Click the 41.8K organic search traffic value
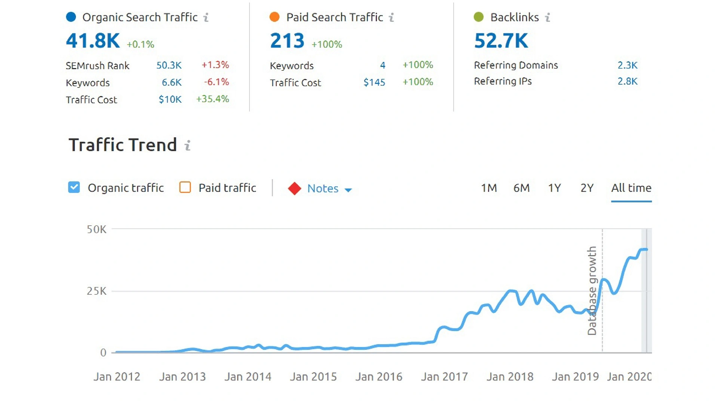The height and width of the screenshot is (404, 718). tap(93, 41)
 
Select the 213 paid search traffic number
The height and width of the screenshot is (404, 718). tap(287, 41)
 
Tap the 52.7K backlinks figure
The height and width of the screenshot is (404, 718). tap(501, 41)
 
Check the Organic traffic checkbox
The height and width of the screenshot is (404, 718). tap(74, 187)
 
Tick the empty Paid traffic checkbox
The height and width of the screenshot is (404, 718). tap(185, 187)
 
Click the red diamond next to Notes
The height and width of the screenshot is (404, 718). tap(295, 189)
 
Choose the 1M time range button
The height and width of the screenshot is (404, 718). tap(489, 188)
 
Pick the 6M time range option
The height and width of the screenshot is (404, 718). tap(521, 188)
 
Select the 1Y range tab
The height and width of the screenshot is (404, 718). tap(554, 188)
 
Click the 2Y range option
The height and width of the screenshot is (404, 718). tap(587, 188)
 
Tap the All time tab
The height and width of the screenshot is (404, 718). tap(631, 188)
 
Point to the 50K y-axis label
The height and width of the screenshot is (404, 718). tap(96, 229)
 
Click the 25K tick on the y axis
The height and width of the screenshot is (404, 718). tap(96, 291)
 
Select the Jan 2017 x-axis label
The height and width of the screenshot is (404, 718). tap(444, 377)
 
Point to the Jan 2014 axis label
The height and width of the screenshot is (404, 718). tap(248, 377)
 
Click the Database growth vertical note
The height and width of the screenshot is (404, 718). tap(592, 291)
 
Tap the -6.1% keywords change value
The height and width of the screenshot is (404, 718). tap(216, 82)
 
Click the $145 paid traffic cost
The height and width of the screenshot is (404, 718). tap(374, 82)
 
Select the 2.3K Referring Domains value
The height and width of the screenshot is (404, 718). tap(627, 65)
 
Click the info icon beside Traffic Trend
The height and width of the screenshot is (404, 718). tap(188, 145)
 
